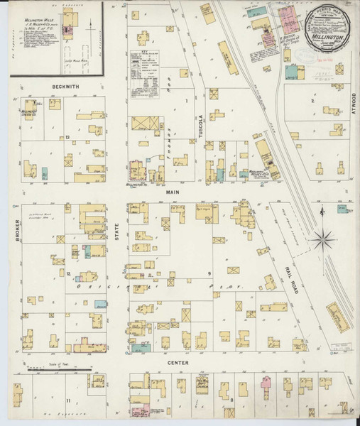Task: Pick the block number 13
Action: point(65,136)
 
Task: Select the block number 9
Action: point(209,273)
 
